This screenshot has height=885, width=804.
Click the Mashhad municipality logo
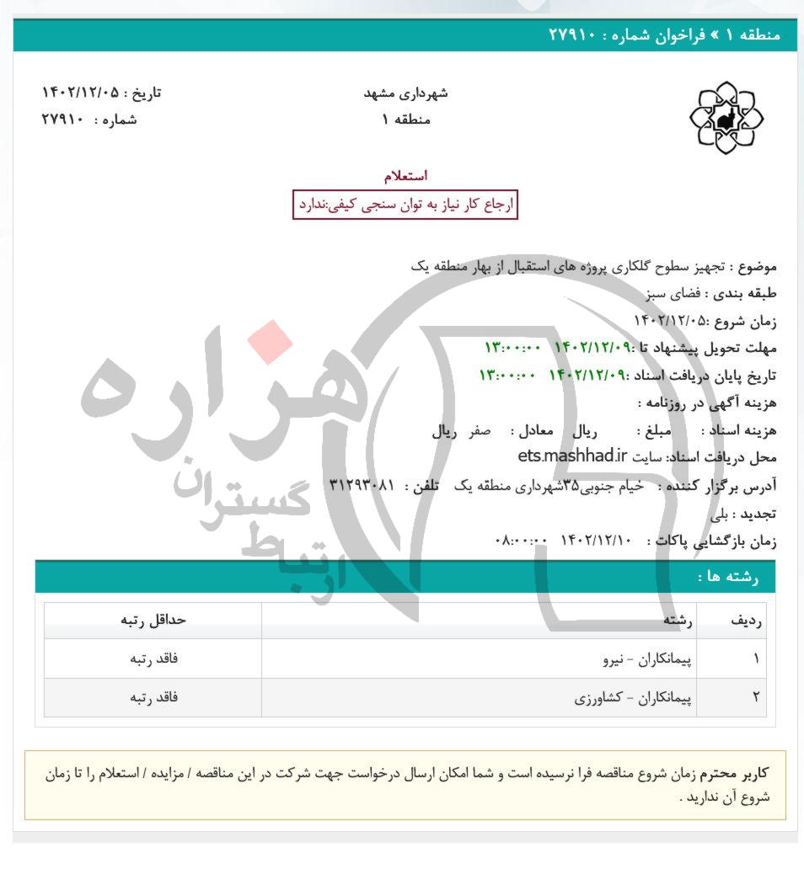[x=726, y=118]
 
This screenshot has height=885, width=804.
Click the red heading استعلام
[x=405, y=176]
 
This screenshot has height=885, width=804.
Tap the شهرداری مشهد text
[x=405, y=93]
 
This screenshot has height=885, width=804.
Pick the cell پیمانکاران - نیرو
[x=648, y=658]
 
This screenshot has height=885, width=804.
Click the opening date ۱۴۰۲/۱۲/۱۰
[x=595, y=541]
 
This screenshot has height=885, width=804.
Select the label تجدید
[x=759, y=514]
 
